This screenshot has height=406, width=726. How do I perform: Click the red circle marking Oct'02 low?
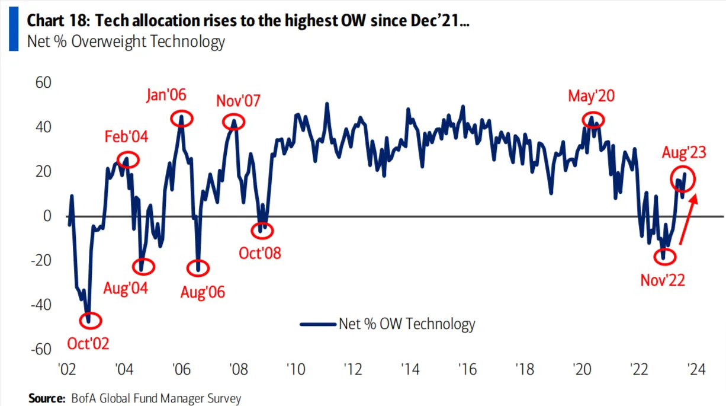coord(91,321)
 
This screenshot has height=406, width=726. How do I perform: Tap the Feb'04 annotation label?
coord(127,138)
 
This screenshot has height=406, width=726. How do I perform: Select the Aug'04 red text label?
coord(126,289)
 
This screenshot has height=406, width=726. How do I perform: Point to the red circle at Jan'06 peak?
coord(182,117)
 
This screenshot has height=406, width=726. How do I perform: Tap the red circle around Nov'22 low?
coord(664,257)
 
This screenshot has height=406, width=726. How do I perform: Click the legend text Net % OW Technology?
coord(406,324)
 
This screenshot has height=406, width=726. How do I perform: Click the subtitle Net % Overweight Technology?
coord(126,41)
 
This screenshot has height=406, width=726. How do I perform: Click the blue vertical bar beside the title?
coord(13,27)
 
